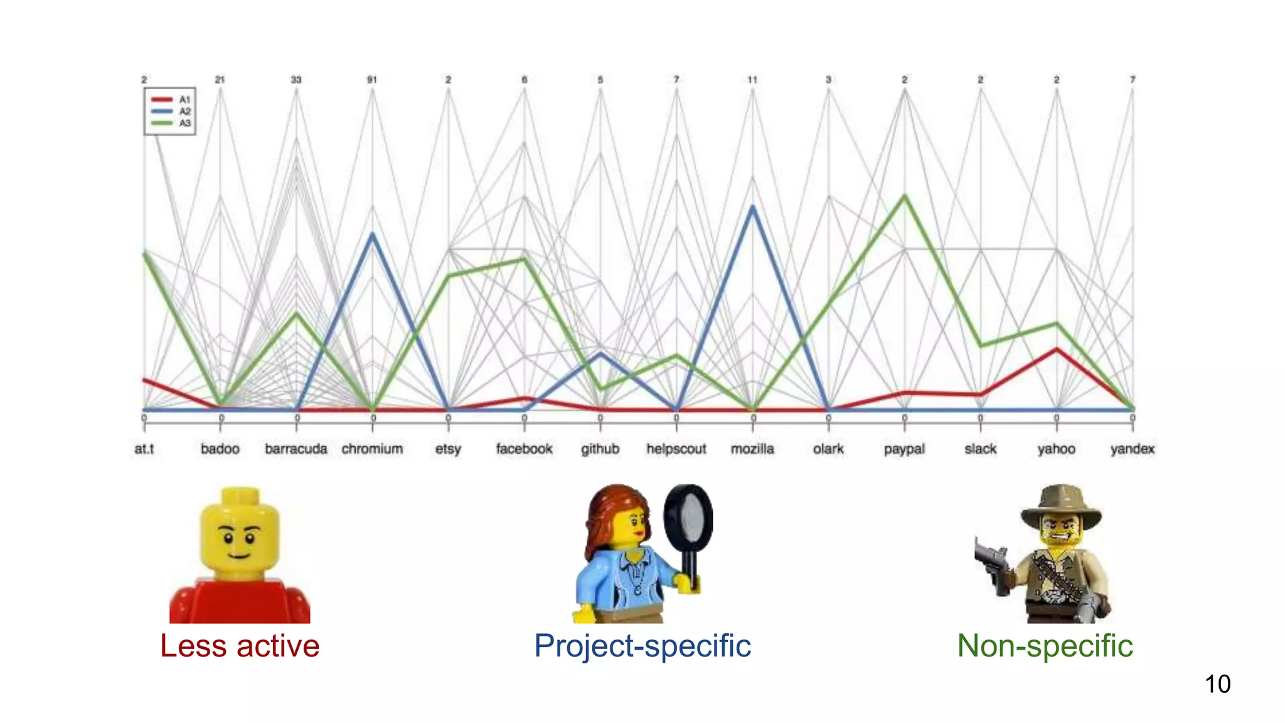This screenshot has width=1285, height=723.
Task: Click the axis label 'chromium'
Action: [x=372, y=449]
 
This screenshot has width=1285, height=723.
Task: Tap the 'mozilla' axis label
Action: [x=752, y=449]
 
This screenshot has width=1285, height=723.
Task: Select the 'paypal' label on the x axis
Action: [x=904, y=449]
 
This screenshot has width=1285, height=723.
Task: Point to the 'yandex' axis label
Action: [x=1132, y=449]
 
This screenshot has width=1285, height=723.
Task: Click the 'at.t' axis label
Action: [x=144, y=449]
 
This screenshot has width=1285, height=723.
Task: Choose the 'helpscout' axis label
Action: [x=676, y=449]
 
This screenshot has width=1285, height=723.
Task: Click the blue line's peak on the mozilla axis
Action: [x=752, y=206]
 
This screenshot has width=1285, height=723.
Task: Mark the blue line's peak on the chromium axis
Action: [x=373, y=234]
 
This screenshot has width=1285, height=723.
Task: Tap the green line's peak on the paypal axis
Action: [x=905, y=196]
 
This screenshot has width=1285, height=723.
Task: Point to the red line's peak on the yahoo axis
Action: [x=1057, y=349]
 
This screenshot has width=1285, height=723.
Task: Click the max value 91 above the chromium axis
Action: [x=372, y=80]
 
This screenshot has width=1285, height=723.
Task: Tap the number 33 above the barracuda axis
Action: [x=296, y=80]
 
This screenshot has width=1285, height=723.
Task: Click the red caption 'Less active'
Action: [x=240, y=646]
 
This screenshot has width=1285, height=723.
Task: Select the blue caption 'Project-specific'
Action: [x=642, y=646]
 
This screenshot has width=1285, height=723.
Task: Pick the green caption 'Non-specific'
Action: [x=1045, y=646]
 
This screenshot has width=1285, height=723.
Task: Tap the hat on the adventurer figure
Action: [x=1061, y=503]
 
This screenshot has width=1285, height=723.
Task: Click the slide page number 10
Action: [x=1217, y=684]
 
